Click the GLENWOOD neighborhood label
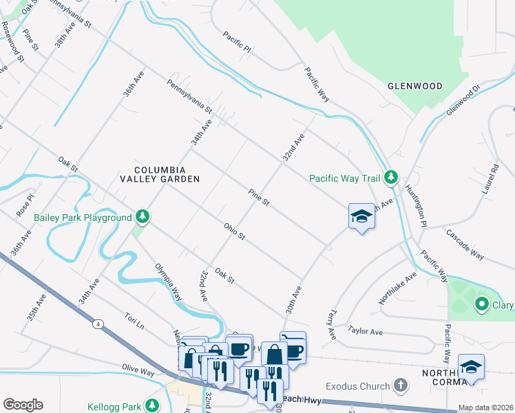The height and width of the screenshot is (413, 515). (414, 86)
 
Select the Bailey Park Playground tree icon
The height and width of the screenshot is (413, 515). (143, 218)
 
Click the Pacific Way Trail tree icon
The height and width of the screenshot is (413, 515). (390, 178)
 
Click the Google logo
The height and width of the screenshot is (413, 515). (23, 405)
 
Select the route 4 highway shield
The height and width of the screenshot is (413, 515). (99, 324)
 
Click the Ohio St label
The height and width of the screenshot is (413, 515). (234, 231)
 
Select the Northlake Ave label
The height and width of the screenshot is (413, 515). (398, 288)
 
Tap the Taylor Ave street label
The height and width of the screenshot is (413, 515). (365, 331)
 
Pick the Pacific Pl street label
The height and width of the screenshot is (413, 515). (238, 42)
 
